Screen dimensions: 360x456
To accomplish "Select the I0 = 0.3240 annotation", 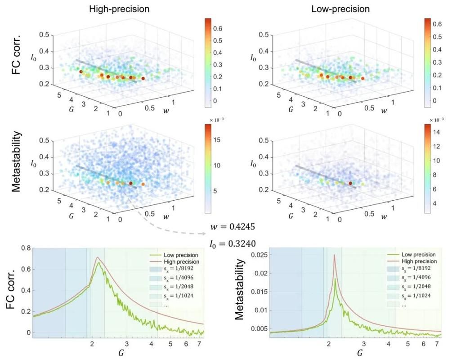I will coord(232,243).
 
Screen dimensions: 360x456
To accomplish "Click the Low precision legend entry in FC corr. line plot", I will coord(175,255).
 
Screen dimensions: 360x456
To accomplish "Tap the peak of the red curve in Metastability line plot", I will coord(335,255).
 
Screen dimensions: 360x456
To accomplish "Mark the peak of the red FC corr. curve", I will coord(98,257).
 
